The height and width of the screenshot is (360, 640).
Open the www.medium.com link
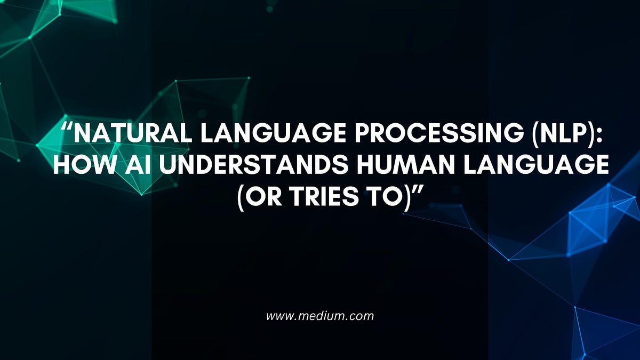coord(320,316)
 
